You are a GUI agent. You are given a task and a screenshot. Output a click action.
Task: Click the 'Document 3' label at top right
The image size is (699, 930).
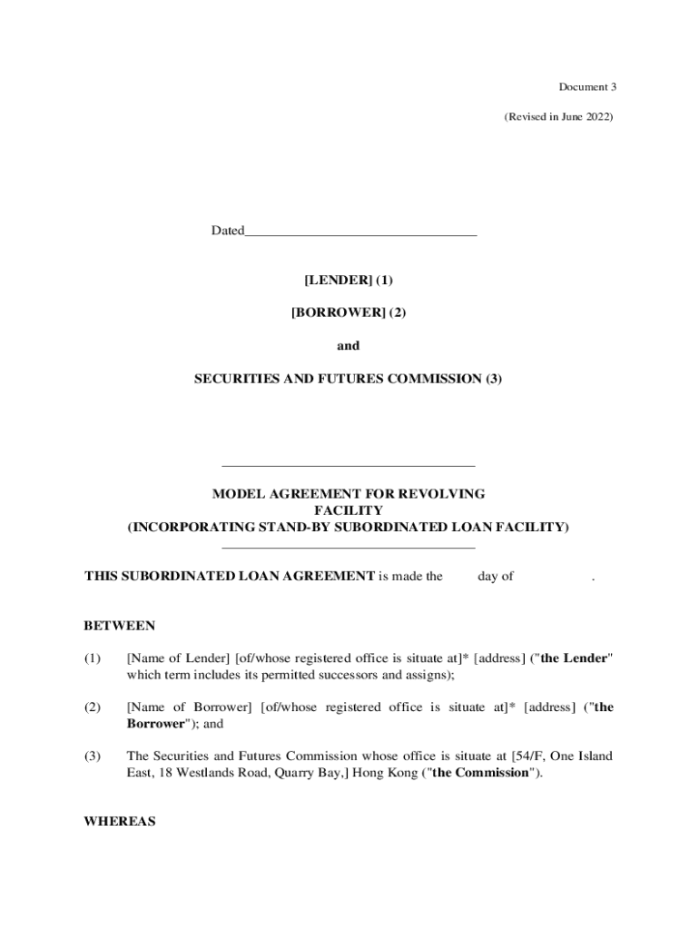click(x=587, y=87)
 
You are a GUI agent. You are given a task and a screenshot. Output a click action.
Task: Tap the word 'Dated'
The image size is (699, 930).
click(x=228, y=231)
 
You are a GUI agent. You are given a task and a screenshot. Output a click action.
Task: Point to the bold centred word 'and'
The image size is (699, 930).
click(x=349, y=345)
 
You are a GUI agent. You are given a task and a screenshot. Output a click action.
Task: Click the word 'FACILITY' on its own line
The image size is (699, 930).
click(x=349, y=510)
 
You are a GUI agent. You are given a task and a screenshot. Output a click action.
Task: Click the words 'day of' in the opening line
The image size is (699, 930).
click(x=496, y=576)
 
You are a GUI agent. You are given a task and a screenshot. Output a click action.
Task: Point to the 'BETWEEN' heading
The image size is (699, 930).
click(x=120, y=626)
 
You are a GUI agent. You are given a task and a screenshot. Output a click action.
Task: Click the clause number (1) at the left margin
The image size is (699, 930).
click(x=93, y=658)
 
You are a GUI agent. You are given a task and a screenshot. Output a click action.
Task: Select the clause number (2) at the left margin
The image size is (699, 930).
click(x=93, y=707)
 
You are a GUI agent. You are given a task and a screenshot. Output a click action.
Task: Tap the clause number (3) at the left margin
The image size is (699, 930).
click(x=93, y=756)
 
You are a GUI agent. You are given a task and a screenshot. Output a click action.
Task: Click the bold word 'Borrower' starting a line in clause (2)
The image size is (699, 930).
click(x=155, y=724)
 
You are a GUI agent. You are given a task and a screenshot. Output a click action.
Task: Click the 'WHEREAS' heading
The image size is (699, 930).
click(x=120, y=822)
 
